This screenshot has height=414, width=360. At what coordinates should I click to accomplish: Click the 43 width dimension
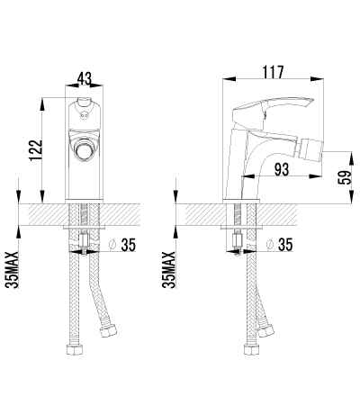click(x=84, y=79)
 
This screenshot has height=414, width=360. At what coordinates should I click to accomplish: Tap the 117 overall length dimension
click(x=273, y=72)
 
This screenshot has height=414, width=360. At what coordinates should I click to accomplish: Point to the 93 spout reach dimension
click(x=282, y=169)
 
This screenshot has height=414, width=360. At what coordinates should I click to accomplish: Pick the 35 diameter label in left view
click(x=129, y=245)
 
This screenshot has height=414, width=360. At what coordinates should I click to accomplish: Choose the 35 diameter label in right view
click(x=285, y=244)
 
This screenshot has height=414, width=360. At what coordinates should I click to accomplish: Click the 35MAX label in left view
click(x=12, y=270)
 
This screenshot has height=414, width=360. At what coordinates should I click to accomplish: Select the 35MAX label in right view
click(x=169, y=270)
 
